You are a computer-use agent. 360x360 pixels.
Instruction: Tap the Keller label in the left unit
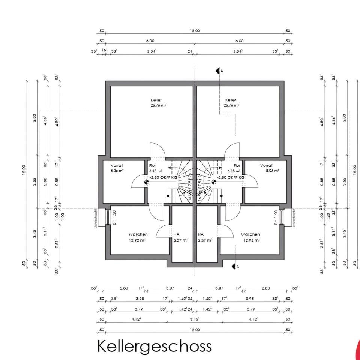pos(156,100)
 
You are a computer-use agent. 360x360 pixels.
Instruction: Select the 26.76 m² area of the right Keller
pos(231,105)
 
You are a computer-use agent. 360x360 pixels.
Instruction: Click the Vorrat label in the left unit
pos(117,165)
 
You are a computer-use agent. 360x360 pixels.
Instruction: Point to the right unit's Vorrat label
pos(266,165)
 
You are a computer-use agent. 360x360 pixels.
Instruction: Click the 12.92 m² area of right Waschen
pos(252,240)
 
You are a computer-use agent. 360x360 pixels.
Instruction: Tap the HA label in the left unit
pos(176,234)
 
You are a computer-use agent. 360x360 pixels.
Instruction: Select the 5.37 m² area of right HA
pos(205,240)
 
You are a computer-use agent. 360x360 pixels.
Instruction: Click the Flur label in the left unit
pos(152,165)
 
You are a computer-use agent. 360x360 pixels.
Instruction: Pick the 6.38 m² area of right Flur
pos(234,171)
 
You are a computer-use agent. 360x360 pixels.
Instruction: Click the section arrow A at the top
pos(217,70)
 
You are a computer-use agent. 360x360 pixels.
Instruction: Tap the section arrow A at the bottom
pos(235,266)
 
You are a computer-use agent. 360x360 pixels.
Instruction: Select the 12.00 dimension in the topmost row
pos(195,31)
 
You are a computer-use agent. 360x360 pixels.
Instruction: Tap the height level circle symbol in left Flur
pos(146,183)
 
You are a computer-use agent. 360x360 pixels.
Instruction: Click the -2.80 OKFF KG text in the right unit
pos(230,177)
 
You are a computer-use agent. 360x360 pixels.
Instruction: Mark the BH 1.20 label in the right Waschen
pos(276,217)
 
